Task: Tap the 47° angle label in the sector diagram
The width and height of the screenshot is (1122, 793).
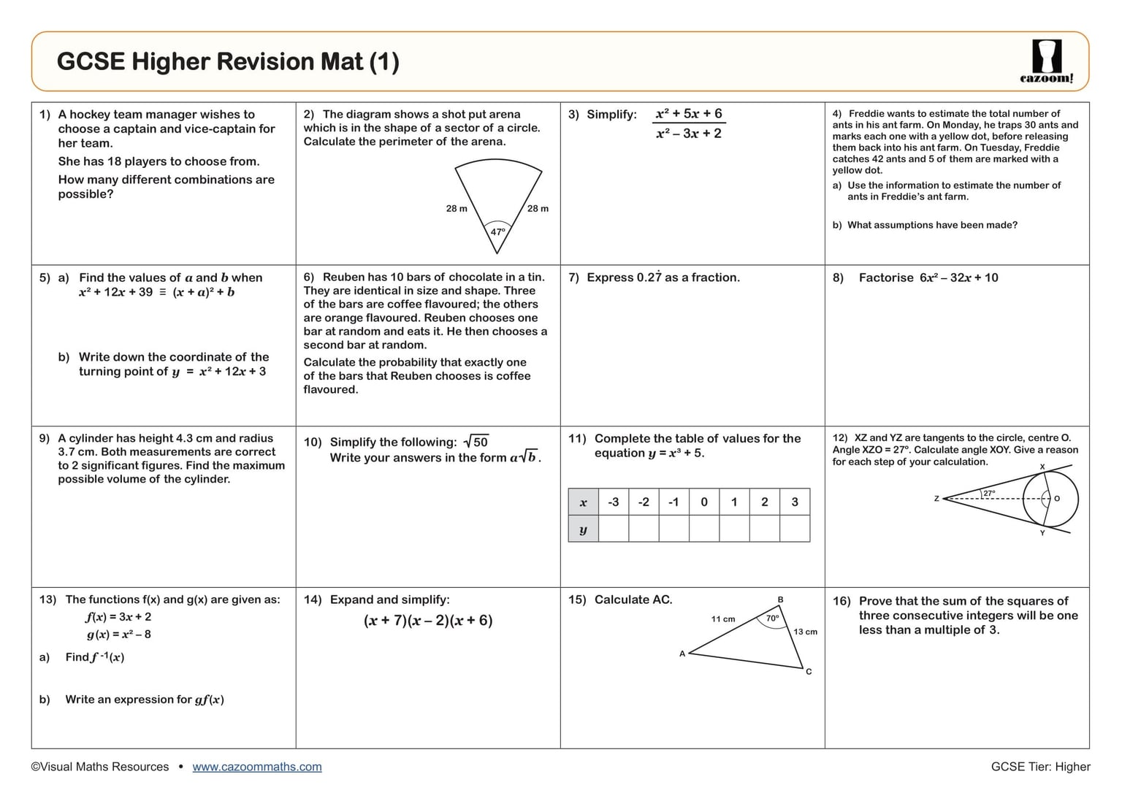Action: click(497, 231)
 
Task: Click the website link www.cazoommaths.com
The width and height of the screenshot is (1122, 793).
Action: click(257, 767)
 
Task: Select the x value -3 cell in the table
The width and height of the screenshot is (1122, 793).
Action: click(614, 502)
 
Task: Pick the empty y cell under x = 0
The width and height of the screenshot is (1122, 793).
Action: click(704, 529)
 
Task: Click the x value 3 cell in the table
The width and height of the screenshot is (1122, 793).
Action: click(795, 502)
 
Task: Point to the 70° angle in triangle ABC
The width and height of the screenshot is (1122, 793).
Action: click(773, 618)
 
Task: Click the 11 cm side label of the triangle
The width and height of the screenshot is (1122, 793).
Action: click(723, 619)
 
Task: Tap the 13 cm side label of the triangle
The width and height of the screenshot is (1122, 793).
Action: click(805, 632)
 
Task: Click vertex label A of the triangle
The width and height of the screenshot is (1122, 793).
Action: click(682, 654)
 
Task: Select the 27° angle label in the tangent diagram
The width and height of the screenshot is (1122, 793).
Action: click(989, 493)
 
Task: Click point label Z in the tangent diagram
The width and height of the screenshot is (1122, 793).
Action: click(936, 499)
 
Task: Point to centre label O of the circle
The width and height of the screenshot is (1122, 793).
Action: click(1057, 499)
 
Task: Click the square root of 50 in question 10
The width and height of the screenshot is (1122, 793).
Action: click(476, 442)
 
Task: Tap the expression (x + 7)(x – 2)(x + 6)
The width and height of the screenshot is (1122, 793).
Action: click(428, 621)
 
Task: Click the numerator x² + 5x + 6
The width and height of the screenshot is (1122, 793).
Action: click(688, 114)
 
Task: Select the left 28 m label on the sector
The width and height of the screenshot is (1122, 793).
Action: click(457, 209)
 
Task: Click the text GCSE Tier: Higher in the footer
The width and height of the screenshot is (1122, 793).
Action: click(1040, 767)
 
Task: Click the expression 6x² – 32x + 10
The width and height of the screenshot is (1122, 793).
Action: click(958, 277)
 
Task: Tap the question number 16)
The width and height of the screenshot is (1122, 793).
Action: click(841, 601)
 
